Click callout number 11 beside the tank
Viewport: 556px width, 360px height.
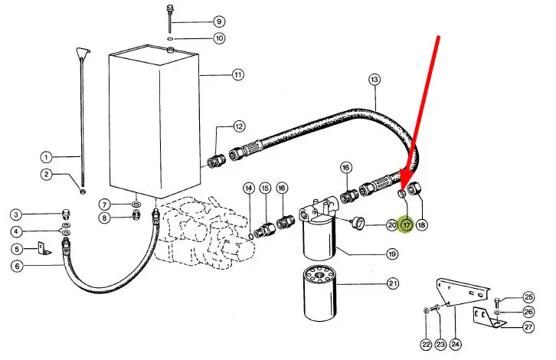point(238,75)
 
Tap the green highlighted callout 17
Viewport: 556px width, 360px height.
point(406,225)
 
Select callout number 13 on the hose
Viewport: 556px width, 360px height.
point(374,79)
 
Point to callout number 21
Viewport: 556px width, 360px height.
point(393,284)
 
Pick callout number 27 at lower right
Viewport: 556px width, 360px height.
point(528,327)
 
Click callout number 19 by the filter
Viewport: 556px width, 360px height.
point(391,254)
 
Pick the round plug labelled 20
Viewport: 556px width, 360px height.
point(357,224)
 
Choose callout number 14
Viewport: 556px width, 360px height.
point(248,188)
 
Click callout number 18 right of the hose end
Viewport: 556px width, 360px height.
point(421,225)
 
